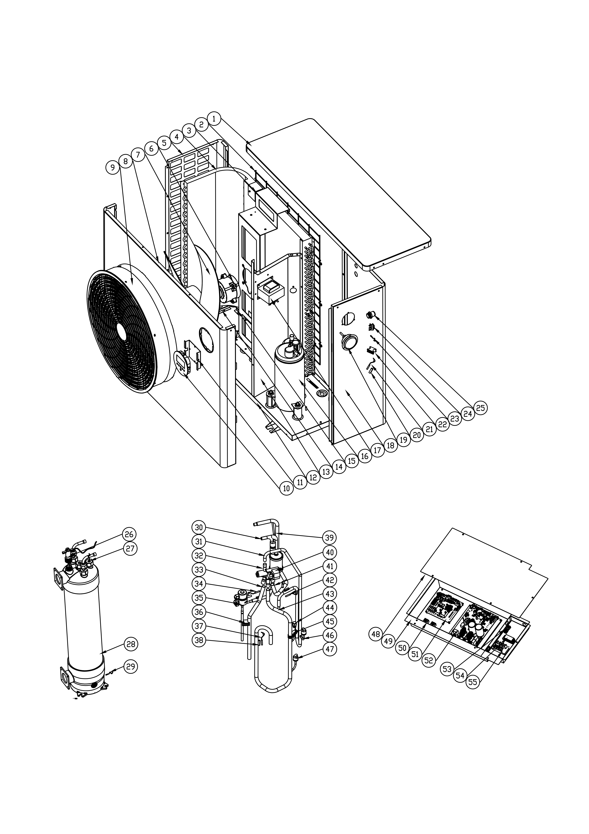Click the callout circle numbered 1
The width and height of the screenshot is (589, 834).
click(x=214, y=118)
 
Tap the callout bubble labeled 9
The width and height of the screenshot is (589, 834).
click(x=113, y=167)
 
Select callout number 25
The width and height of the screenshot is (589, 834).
click(x=480, y=408)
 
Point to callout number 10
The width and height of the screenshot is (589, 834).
click(x=287, y=489)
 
